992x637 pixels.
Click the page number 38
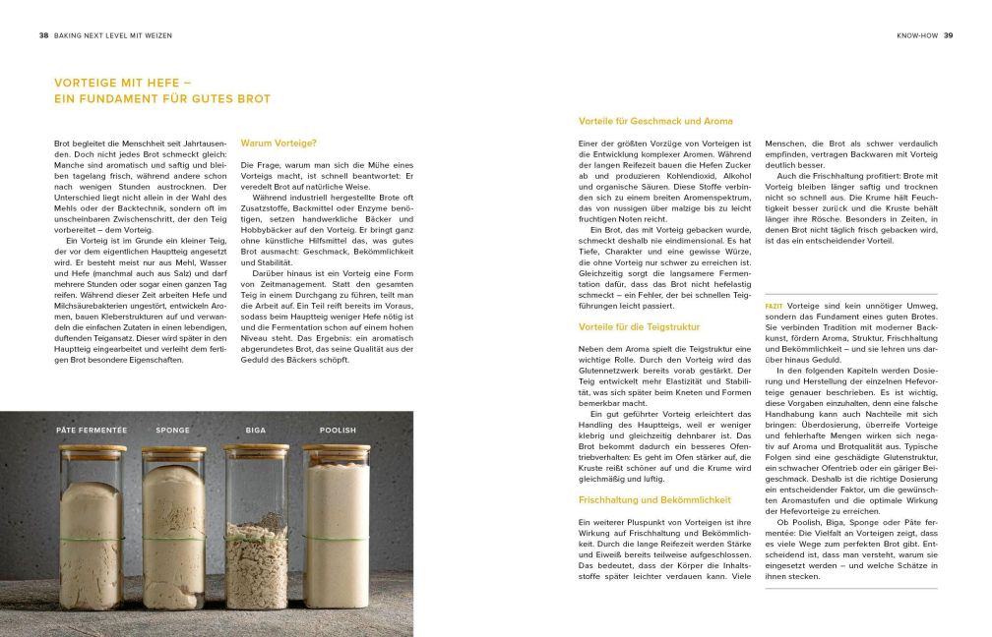43,35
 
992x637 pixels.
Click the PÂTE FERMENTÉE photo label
92,431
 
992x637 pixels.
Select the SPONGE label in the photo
173,431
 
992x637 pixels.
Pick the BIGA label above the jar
255,431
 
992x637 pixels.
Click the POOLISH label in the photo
338,431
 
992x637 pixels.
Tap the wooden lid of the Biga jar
255,448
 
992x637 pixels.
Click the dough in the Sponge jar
174,531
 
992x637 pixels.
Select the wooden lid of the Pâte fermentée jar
93,448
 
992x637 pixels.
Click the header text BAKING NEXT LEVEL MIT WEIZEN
113,35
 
